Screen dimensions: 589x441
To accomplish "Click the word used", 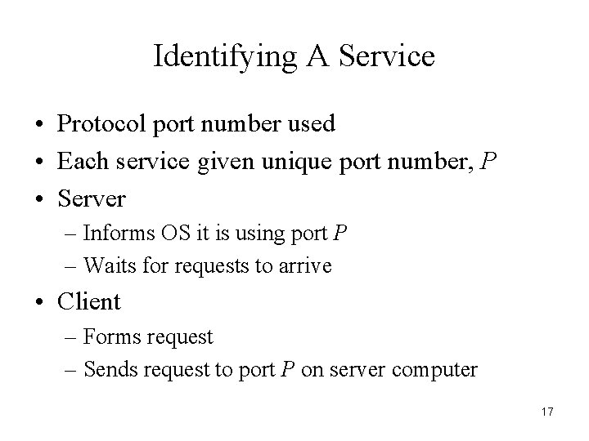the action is (x=312, y=124).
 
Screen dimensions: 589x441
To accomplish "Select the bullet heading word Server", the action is (x=92, y=198).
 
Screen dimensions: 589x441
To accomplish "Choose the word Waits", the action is (x=110, y=265).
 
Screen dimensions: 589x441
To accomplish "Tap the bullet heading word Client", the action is (x=88, y=301).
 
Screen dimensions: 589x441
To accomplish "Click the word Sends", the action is (x=110, y=369).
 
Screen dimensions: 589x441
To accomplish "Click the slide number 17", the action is (x=547, y=412).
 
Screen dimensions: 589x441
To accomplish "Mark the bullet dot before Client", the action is (x=39, y=302).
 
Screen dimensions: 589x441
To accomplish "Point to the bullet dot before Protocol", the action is (x=39, y=125).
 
